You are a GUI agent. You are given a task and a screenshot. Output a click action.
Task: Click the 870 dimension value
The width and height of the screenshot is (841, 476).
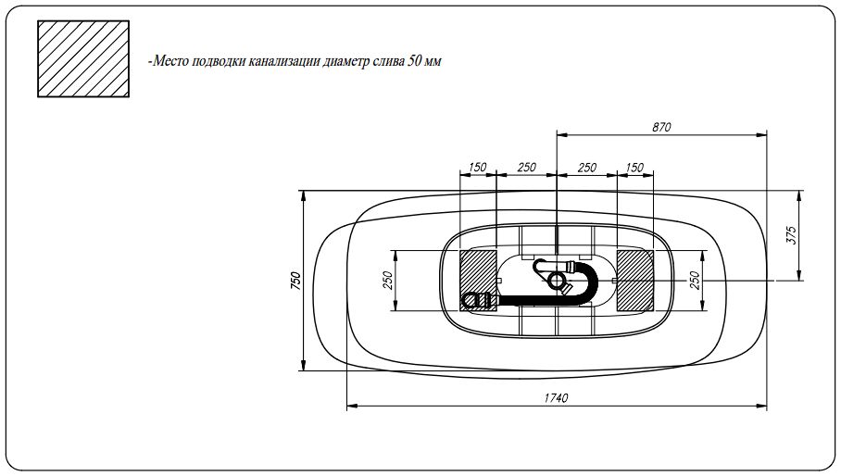(x=661, y=127)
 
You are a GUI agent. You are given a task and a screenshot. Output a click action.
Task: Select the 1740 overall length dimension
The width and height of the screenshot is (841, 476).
(x=556, y=397)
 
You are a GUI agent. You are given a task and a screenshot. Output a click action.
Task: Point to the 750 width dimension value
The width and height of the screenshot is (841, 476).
(x=295, y=281)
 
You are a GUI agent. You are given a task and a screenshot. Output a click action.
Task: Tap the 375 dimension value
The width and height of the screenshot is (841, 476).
(x=791, y=235)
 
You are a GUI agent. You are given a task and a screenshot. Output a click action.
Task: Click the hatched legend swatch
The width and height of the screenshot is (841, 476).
(x=83, y=59)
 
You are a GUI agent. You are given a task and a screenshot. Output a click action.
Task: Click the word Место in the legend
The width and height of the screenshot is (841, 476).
(x=169, y=61)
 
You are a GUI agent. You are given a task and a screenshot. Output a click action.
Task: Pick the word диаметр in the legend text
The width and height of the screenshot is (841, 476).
(x=349, y=62)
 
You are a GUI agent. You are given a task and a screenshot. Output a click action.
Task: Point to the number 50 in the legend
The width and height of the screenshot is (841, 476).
(x=414, y=60)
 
